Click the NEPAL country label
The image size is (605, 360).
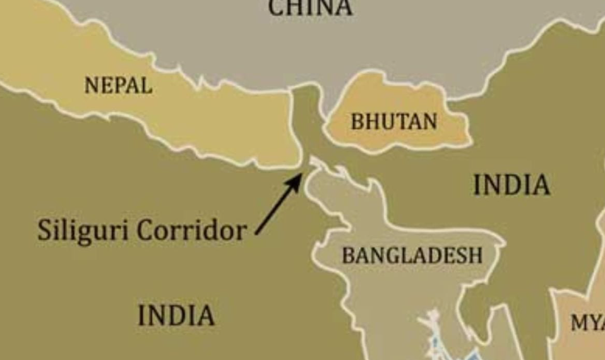[x=118, y=85]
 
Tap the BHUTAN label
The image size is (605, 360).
[x=393, y=121]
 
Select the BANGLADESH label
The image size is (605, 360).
[x=412, y=255]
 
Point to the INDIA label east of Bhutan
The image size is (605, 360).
[x=511, y=184]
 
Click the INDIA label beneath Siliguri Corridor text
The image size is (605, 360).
[x=176, y=315]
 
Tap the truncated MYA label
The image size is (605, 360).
[x=587, y=322]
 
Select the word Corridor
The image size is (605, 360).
[x=191, y=230]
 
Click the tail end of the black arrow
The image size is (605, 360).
[x=257, y=234]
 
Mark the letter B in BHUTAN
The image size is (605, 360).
[x=357, y=121]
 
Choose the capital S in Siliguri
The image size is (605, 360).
[x=44, y=229]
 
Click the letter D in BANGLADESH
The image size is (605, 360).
[x=431, y=255]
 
